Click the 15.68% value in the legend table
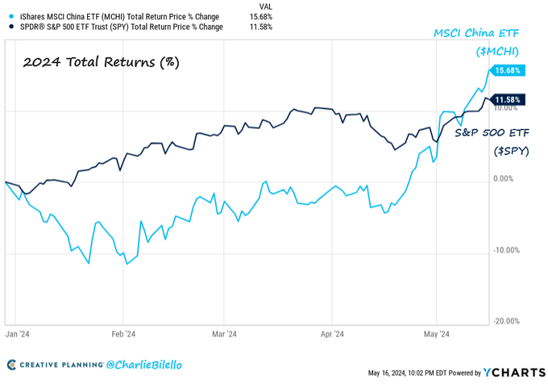(261, 16)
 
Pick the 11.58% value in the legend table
(261, 27)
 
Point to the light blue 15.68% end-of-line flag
(508, 71)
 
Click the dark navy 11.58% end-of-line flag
(508, 99)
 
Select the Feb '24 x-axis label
(122, 332)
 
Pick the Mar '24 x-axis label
(223, 332)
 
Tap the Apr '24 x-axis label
(332, 332)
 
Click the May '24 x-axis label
(436, 332)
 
